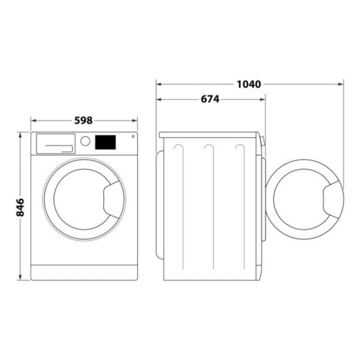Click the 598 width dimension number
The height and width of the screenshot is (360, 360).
pos(83,121)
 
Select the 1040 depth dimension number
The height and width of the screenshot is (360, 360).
pos(249,84)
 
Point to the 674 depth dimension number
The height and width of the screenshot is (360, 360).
pos(210,99)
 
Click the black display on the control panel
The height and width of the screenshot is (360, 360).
pos(105,142)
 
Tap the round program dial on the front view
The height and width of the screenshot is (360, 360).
pos(85,141)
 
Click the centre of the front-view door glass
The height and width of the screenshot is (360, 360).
pos(76,201)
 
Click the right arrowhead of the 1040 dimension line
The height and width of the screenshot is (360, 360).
pos(340,85)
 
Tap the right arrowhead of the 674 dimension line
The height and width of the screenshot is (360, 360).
pos(264,99)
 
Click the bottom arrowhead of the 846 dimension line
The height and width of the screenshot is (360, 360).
pos(20,279)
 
